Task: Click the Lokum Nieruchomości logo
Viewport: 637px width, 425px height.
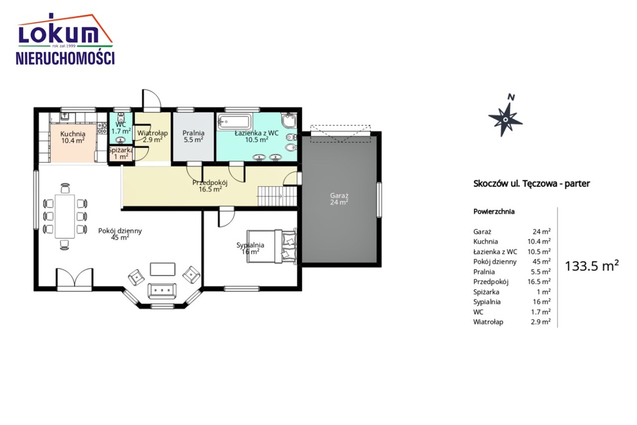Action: click(x=65, y=39)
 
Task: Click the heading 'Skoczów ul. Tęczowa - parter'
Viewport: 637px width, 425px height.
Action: click(x=531, y=184)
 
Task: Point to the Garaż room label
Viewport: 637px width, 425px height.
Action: click(x=339, y=199)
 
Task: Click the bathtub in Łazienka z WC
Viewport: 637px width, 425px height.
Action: click(x=234, y=122)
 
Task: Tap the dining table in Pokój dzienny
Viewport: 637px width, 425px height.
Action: click(x=65, y=216)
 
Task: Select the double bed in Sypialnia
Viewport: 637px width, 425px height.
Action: click(x=272, y=246)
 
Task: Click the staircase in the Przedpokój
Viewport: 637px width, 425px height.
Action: click(x=277, y=196)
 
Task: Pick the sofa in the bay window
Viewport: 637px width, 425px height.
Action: click(x=162, y=291)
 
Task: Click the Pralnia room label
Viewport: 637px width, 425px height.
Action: click(x=194, y=136)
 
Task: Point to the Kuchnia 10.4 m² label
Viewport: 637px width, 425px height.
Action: click(x=73, y=137)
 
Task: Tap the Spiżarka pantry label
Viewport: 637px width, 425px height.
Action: click(x=121, y=153)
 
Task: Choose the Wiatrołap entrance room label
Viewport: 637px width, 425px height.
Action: click(x=152, y=136)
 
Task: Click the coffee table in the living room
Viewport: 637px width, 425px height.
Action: click(x=163, y=269)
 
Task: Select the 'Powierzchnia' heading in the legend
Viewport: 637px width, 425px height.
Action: click(x=494, y=212)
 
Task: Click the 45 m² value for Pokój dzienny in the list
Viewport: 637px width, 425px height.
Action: click(x=541, y=261)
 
